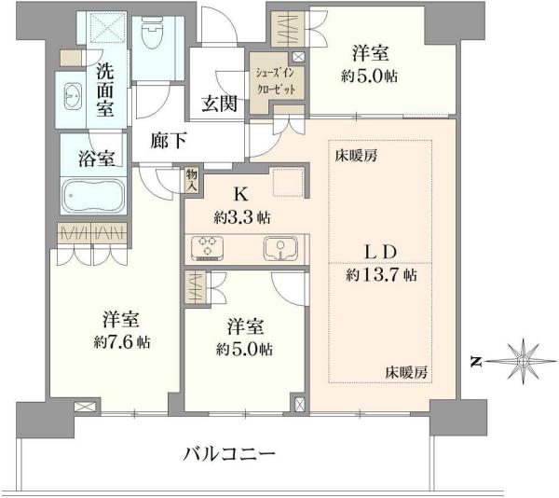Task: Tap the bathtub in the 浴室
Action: tap(93, 196)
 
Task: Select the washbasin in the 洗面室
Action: tap(74, 96)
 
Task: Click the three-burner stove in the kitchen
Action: tap(208, 247)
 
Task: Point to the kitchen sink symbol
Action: tap(280, 248)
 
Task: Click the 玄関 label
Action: tap(219, 104)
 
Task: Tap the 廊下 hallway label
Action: tap(169, 140)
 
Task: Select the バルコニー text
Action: tap(229, 454)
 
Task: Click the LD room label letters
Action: tap(380, 252)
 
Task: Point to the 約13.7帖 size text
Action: tap(381, 275)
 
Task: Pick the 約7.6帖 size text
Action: tap(122, 341)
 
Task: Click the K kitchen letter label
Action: tap(241, 195)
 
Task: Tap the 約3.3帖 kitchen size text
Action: tap(242, 217)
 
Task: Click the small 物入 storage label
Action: tap(191, 180)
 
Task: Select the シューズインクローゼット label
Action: tap(276, 80)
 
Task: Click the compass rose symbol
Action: tap(523, 361)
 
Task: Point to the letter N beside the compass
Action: tap(475, 363)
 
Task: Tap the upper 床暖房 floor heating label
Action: tap(356, 156)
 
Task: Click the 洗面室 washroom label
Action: tap(105, 90)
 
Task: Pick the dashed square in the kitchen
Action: tap(288, 182)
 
